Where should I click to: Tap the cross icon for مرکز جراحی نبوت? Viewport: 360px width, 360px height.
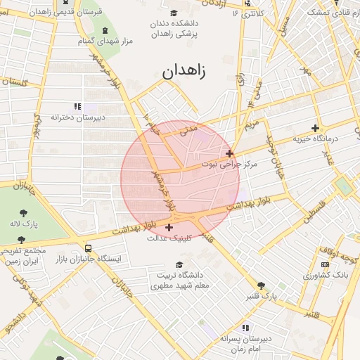click(229, 153)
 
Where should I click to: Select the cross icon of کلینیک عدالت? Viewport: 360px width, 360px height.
click(169, 227)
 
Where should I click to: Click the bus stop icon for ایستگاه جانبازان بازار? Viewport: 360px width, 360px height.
click(88, 248)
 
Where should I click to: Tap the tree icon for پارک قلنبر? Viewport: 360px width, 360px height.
click(262, 285)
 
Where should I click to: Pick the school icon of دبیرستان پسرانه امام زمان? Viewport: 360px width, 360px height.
click(245, 328)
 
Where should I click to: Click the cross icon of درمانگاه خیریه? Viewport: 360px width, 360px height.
click(315, 128)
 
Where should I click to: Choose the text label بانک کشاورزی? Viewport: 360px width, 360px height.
click(325, 275)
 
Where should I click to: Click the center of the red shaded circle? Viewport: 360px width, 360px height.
click(180, 180)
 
